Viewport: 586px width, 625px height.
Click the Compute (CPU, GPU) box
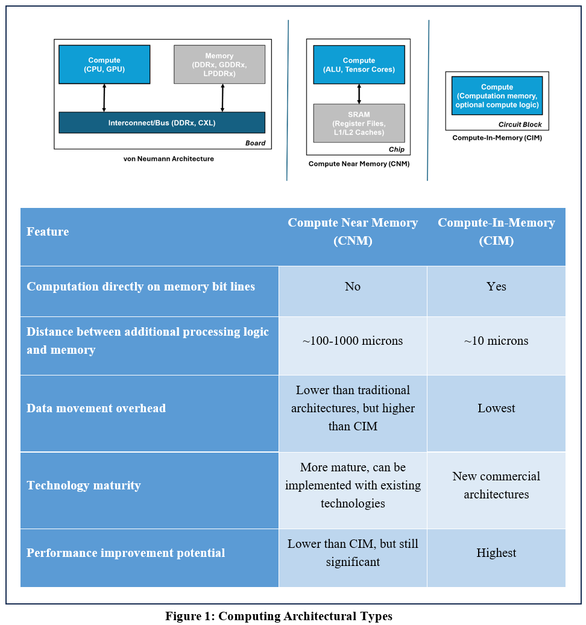point(104,64)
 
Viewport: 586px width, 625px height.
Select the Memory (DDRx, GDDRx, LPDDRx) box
point(219,64)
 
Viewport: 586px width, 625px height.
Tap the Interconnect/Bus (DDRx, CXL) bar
point(162,122)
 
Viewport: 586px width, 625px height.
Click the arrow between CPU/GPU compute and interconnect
point(104,98)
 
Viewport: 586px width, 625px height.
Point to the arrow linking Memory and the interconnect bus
point(222,98)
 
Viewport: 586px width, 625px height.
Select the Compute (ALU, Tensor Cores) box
point(359,64)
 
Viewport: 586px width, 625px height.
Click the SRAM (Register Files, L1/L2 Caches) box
point(359,123)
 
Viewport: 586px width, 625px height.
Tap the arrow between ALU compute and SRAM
point(359,93)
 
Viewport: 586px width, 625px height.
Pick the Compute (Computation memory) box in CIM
point(497,96)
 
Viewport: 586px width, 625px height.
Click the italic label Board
point(254,143)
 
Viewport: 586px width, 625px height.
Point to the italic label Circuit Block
point(520,125)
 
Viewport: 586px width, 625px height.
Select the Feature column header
point(48,232)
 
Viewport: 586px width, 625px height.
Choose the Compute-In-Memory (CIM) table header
point(496,232)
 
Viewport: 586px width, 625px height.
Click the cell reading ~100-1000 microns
point(353,341)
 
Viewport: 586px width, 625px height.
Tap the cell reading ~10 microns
point(496,341)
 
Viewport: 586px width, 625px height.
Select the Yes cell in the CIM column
point(496,287)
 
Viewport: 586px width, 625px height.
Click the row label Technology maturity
point(84,486)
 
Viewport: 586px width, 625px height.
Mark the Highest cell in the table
point(496,553)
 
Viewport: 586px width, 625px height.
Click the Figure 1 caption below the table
point(279,616)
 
